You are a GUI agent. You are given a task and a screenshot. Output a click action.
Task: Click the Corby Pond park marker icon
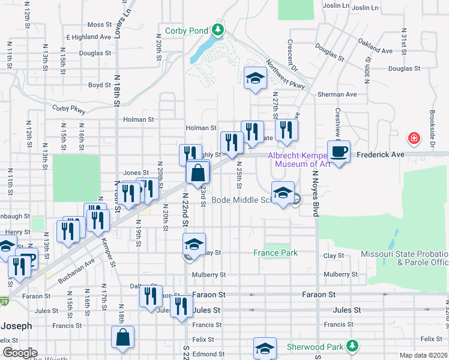coord(217,31)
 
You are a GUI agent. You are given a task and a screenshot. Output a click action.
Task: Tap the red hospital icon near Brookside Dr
coord(414,139)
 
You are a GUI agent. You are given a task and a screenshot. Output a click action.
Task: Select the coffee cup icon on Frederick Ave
coord(339,152)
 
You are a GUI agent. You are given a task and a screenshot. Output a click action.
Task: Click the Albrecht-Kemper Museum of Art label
coord(303,159)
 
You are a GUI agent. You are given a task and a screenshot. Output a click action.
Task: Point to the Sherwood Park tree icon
coord(354,347)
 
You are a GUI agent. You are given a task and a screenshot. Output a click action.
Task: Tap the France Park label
coord(275,253)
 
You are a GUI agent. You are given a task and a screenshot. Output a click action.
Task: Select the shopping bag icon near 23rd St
coord(197,173)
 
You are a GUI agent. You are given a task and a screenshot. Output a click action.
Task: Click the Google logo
coord(20,353)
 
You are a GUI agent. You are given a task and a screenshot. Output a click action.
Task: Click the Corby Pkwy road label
coord(68,109)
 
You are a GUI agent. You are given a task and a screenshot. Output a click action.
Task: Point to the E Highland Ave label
coord(89,37)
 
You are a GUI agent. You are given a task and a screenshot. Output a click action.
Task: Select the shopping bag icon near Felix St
coord(122,338)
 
